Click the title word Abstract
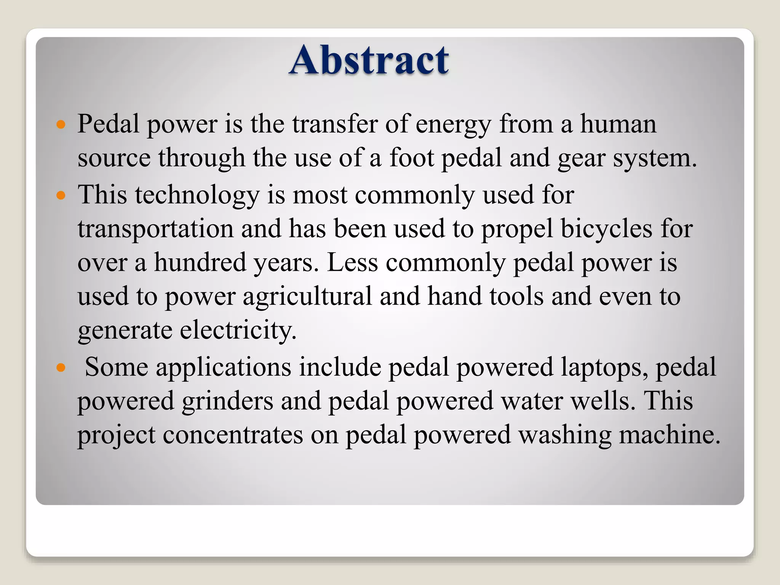pos(369,60)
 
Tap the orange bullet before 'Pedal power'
pos(61,125)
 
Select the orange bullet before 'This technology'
pos(61,196)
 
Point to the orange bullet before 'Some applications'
pos(61,368)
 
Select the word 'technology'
pos(197,195)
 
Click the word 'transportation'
pos(155,229)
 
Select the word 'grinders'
pos(227,401)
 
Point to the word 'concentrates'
pos(233,435)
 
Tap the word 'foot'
pos(411,158)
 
